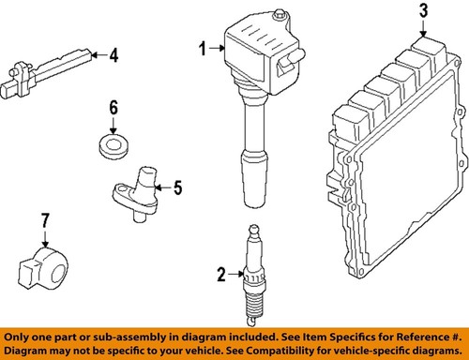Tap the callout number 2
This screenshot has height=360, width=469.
coord(220,275)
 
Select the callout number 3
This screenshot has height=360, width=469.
coord(422,11)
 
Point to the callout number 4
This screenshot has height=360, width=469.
coord(113,56)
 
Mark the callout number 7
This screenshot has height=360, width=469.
coord(43,223)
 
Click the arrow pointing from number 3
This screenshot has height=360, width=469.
coord(422,28)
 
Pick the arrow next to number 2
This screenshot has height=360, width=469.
coord(235,275)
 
